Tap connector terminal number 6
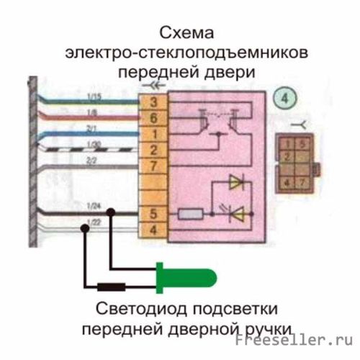point(153,117)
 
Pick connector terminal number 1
point(153,133)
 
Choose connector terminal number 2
point(153,150)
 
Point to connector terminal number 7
point(153,166)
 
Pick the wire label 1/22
point(91,220)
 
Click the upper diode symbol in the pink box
point(235,183)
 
